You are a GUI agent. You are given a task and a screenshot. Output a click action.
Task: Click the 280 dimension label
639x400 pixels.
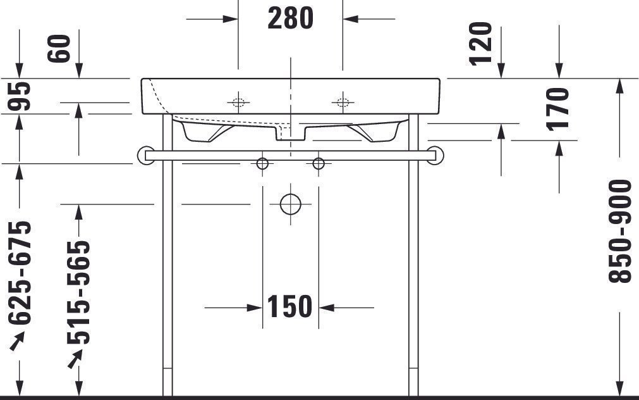pos(291,19)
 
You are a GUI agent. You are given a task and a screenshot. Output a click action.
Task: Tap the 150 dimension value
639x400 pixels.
pos(289,306)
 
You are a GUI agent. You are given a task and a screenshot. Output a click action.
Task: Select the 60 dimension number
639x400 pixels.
pos(59,49)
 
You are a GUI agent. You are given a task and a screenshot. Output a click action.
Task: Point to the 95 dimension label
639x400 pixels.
pos(20,96)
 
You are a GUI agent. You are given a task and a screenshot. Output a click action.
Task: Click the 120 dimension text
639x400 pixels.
pos(481,44)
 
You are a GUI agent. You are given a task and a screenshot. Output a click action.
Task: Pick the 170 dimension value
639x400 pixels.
pos(558,109)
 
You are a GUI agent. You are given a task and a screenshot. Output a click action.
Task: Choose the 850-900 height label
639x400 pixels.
pos(620,231)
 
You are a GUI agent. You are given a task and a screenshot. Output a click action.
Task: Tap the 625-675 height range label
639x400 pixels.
pos(20,273)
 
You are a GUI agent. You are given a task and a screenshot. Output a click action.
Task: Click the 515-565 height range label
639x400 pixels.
pos(78,292)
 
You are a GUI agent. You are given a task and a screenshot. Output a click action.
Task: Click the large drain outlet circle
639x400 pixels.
pos(291,204)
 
